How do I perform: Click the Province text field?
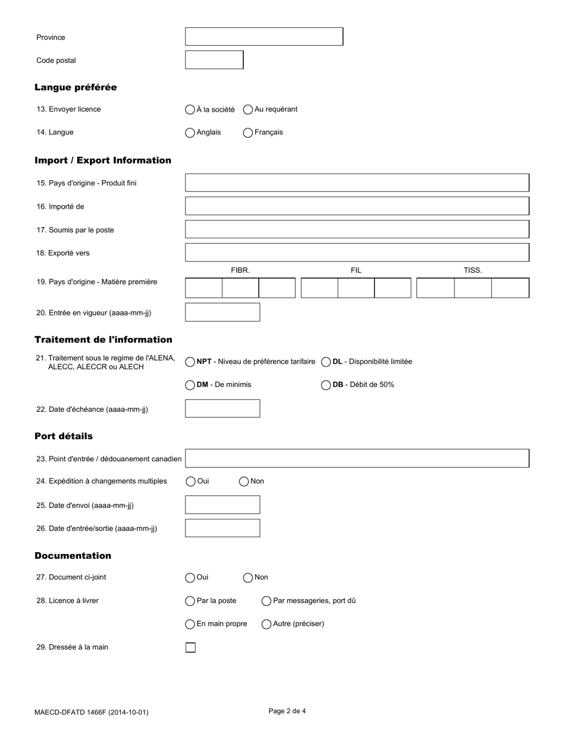coord(263,37)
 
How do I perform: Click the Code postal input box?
coord(214,60)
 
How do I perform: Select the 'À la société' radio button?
coord(190,109)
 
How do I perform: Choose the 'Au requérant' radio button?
coord(248,109)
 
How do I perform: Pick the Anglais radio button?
coord(190,133)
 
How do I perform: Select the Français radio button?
coord(248,133)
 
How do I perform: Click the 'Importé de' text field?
coord(357,206)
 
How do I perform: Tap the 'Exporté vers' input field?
coord(357,253)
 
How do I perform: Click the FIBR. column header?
coord(240,270)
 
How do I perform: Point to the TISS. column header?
coord(473,270)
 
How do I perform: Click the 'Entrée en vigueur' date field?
coord(222,312)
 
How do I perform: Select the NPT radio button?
coord(190,362)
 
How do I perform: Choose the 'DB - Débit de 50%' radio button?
coord(326,385)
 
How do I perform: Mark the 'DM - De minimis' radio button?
coord(190,385)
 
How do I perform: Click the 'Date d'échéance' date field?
coord(222,409)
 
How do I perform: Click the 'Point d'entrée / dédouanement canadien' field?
coord(357,458)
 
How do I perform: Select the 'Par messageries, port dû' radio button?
coord(266,601)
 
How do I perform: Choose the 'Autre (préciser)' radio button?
coord(266,624)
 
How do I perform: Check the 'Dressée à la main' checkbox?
coord(190,647)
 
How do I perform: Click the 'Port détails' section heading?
coord(64,436)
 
